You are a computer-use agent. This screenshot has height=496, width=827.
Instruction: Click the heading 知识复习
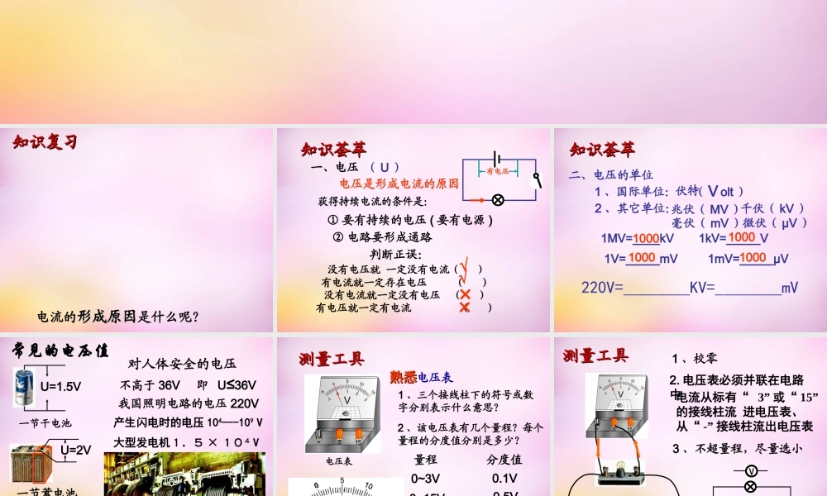(x=45, y=143)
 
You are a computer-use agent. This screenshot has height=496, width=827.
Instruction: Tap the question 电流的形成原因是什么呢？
(x=118, y=317)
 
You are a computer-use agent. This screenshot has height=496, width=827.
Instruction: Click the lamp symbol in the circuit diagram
(x=498, y=200)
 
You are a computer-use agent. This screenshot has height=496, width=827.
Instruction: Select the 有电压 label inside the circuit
(x=498, y=172)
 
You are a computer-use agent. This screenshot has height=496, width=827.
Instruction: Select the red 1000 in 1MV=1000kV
(x=646, y=238)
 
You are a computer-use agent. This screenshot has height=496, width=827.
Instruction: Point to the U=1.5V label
(x=60, y=385)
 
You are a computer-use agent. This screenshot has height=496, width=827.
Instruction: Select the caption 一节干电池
(x=45, y=423)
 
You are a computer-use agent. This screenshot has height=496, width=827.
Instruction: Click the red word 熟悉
(x=404, y=377)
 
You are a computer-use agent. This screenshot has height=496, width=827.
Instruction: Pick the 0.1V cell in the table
(x=504, y=478)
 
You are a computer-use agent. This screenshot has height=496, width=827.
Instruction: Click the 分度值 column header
(x=504, y=459)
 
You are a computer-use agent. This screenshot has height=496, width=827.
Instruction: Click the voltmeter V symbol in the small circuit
(x=751, y=470)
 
